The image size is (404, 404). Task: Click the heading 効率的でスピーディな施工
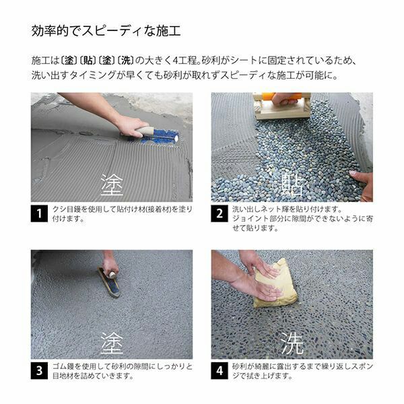click(106, 31)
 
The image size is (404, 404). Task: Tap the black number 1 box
click(39, 214)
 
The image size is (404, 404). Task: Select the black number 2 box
click(220, 214)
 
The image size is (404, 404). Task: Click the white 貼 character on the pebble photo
click(292, 184)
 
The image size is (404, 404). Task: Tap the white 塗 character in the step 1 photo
click(112, 184)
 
